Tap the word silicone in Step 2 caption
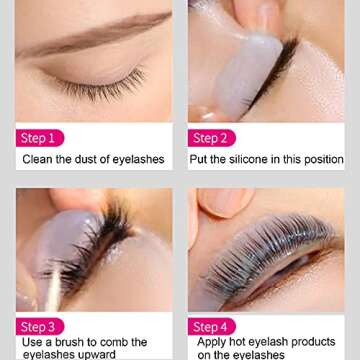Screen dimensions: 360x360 254,160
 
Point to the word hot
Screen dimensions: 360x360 244,342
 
